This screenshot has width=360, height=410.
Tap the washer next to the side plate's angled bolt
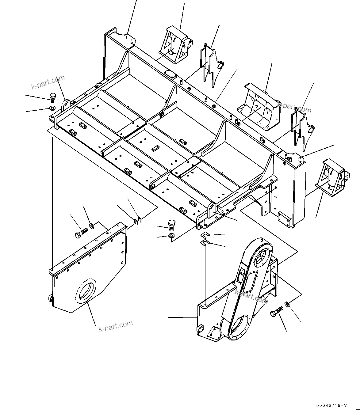(x=92, y=226)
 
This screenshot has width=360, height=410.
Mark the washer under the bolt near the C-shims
(x=171, y=236)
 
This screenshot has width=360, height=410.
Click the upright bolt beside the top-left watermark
(x=52, y=97)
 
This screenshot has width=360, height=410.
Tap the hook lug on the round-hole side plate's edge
(x=51, y=298)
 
